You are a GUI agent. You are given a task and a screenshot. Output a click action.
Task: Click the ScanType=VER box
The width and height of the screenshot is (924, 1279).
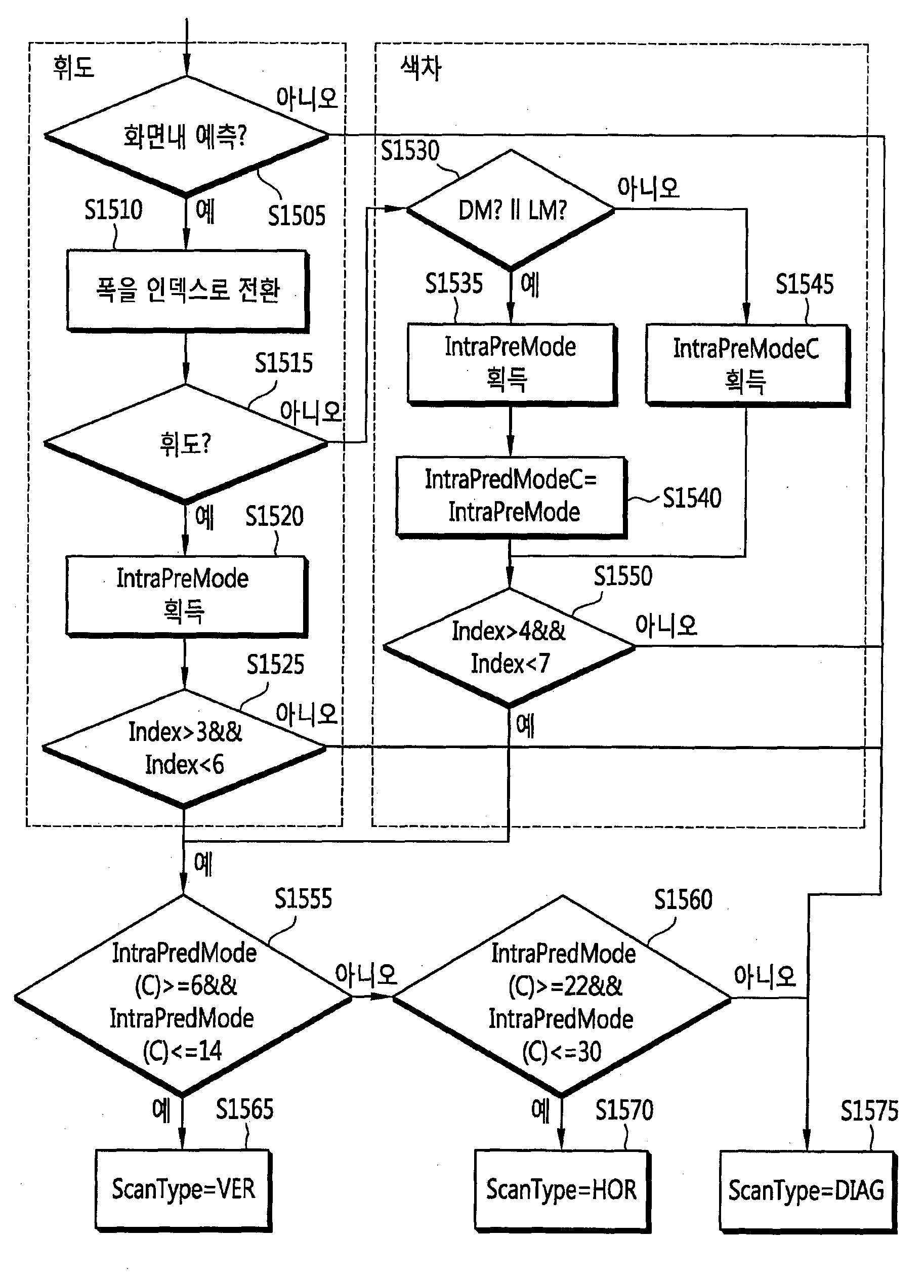click(183, 1190)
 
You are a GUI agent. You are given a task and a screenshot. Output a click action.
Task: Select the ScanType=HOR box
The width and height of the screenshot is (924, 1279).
click(562, 1190)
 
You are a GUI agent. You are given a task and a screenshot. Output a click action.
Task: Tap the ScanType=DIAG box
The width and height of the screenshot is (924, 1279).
click(808, 1191)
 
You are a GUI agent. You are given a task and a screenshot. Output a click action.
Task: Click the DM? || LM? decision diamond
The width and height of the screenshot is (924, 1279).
click(511, 210)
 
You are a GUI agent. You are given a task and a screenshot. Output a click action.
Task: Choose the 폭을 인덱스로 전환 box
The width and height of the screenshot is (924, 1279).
click(187, 291)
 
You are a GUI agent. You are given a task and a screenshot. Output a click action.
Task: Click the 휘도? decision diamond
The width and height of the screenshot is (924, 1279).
click(186, 444)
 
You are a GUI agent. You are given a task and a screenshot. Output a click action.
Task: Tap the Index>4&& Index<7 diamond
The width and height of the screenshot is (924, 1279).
click(510, 647)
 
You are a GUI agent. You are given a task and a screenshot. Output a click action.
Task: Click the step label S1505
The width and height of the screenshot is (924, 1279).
click(297, 216)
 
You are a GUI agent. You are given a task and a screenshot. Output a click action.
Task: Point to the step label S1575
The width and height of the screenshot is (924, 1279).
click(869, 1111)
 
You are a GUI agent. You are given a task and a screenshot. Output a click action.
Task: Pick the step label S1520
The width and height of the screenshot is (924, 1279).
click(275, 516)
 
